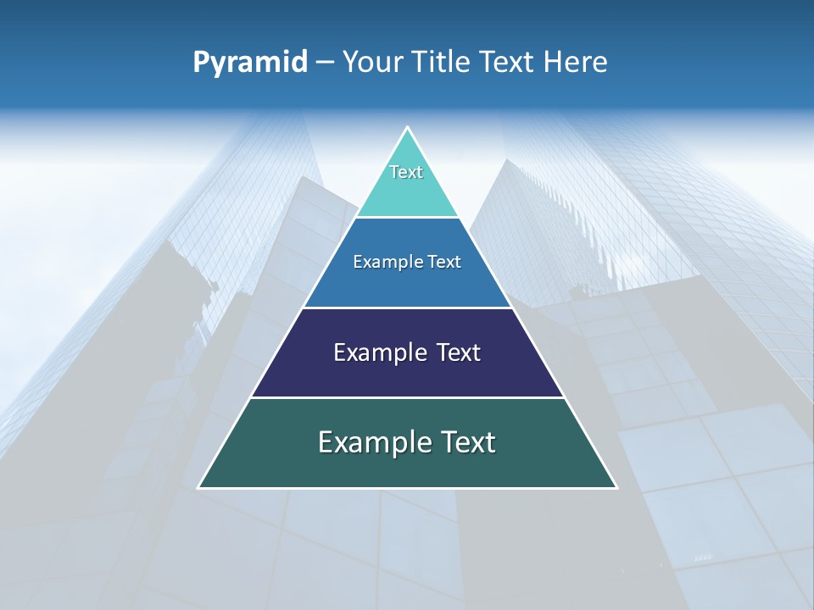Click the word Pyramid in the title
point(250,63)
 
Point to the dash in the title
point(324,63)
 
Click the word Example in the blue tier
point(383,262)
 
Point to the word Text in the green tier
point(466,442)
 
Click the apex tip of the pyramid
point(407,128)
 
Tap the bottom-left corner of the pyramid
point(199,487)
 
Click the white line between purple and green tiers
point(407,397)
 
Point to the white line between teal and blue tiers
point(407,218)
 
